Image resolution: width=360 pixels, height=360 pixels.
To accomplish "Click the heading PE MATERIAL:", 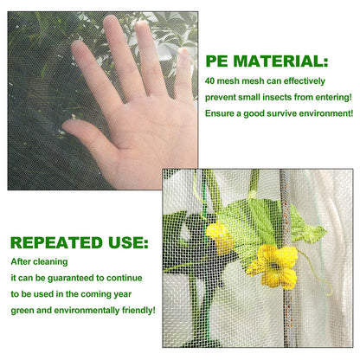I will click(x=267, y=61).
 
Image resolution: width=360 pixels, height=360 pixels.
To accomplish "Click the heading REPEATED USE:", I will click(x=79, y=243).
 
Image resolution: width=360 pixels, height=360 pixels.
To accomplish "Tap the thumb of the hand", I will click(x=82, y=132).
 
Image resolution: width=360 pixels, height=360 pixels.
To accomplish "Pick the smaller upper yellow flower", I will click(x=220, y=236).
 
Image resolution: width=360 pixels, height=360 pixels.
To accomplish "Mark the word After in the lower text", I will click(x=20, y=260).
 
